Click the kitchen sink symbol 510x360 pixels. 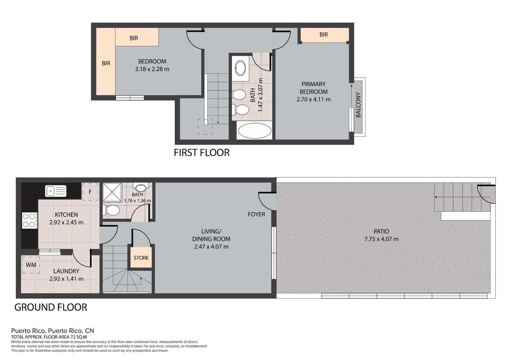click(x=56, y=191)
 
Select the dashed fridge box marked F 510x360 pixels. click(x=90, y=192)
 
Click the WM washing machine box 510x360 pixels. click(x=31, y=265)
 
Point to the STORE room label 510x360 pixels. click(x=141, y=258)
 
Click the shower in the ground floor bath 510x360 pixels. click(x=112, y=192)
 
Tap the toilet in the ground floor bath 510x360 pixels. click(x=112, y=210)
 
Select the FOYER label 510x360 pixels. click(x=256, y=214)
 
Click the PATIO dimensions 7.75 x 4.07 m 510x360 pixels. click(x=381, y=239)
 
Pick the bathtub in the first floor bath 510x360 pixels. click(x=255, y=131)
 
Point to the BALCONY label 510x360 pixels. click(x=358, y=105)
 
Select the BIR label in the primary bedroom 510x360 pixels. click(x=324, y=34)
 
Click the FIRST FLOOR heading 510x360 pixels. click(x=201, y=153)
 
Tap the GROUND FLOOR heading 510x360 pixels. click(x=51, y=307)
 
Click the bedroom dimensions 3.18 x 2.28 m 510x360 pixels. click(x=152, y=69)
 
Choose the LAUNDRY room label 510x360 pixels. click(x=66, y=271)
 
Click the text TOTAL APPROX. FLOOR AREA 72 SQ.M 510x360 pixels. click(x=49, y=336)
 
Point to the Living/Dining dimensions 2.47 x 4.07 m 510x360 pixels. click(x=211, y=247)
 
